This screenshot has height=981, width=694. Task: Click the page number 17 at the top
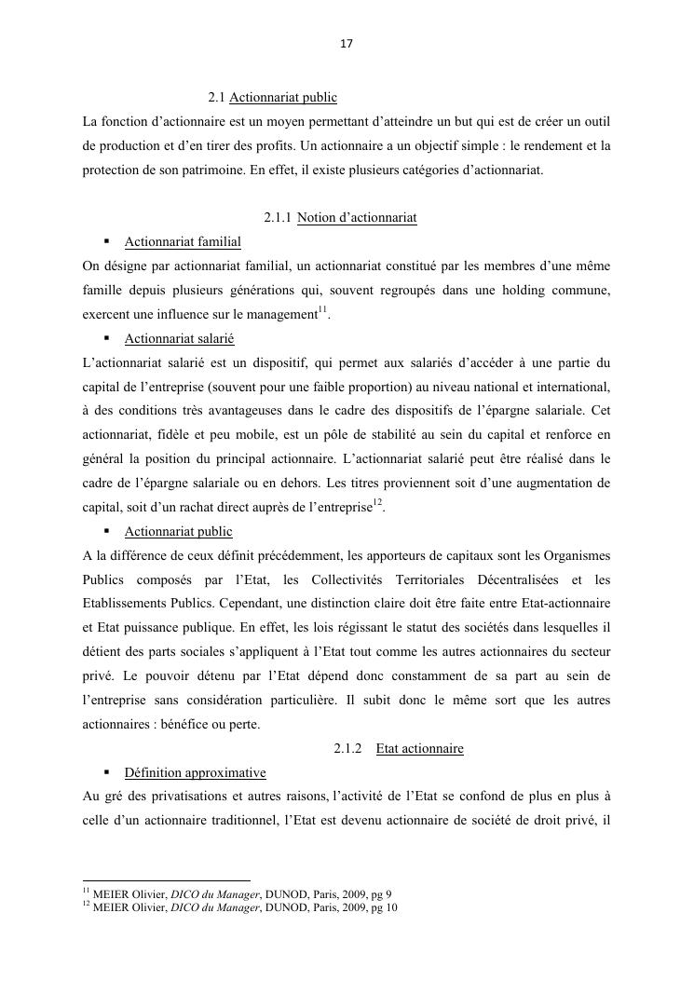pos(347,44)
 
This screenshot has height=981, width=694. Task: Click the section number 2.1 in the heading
pos(217,97)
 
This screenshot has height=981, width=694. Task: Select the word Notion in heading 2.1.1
pos(316,218)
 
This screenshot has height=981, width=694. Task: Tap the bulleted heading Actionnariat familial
pos(183,242)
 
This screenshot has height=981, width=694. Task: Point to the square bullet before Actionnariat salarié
pos(107,339)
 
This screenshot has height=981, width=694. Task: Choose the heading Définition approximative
pos(195,773)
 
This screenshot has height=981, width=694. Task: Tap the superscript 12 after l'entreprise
pos(377,503)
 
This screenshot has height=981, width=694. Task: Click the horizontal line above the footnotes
pos(167,879)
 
